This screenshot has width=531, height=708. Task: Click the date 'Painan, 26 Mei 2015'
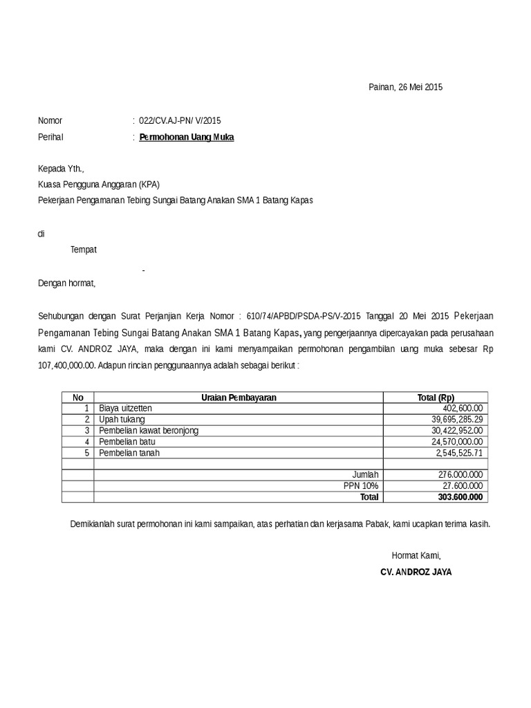404,87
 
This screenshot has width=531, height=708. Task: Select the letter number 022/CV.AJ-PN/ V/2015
180,120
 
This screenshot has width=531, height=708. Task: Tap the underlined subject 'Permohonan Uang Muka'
187,137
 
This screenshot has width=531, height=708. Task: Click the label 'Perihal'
50,137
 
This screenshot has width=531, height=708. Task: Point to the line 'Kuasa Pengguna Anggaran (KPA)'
99,184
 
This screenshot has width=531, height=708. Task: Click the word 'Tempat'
84,250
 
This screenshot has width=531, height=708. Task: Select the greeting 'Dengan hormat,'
67,283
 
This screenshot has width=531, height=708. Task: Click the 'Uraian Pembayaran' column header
239,398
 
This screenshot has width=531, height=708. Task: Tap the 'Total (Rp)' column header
436,398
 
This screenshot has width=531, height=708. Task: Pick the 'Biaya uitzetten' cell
126,409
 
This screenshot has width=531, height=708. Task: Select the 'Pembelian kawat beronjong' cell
149,431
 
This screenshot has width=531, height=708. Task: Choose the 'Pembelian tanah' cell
129,453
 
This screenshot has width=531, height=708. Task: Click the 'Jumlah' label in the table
366,474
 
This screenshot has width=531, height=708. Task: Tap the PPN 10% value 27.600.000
463,485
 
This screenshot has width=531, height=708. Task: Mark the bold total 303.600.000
461,496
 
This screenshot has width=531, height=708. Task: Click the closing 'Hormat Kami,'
416,555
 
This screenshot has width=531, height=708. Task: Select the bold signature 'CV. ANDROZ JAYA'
416,572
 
